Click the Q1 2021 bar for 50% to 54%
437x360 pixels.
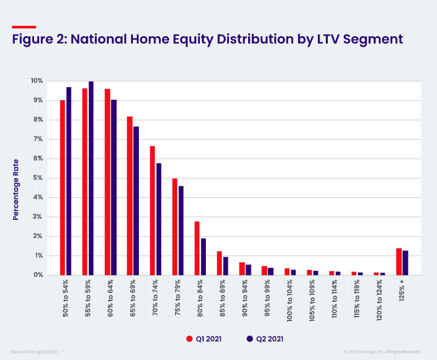(x=63, y=187)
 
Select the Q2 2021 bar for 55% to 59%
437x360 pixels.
(x=91, y=178)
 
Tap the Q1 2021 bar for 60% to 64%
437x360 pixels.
(x=108, y=182)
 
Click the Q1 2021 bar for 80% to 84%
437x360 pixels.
(x=197, y=248)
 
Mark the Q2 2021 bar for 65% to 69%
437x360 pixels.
(x=136, y=201)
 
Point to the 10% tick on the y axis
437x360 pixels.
(x=37, y=81)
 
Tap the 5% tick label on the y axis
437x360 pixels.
(x=38, y=178)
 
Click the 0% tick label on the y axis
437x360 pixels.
(x=38, y=275)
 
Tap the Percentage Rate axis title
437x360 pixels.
(x=16, y=189)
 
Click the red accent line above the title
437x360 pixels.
(x=24, y=26)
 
